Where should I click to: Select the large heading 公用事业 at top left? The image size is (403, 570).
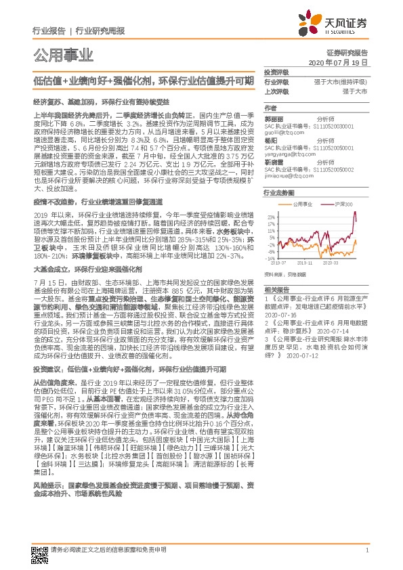point(63,55)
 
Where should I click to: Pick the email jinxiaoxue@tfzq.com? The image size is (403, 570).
point(283,175)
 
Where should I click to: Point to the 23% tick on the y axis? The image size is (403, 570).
point(270,212)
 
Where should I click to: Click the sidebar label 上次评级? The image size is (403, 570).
point(276,90)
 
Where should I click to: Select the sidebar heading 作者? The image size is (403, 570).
point(270,108)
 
